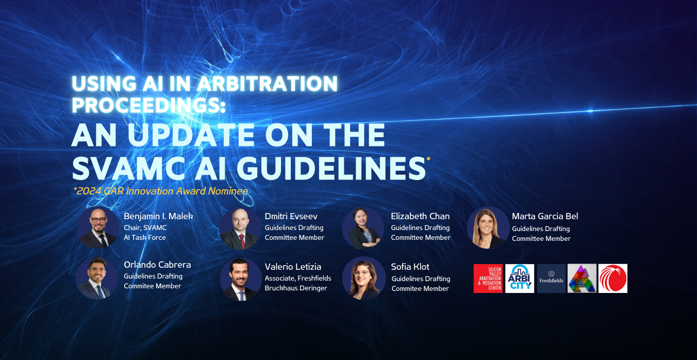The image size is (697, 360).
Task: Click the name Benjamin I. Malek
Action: pos(158,216)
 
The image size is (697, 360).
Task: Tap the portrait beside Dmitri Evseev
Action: pos(240,228)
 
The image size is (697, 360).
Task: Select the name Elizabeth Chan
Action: pos(420,216)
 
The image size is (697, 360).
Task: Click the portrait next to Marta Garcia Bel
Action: pos(488,227)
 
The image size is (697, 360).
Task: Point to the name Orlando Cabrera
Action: pos(157,265)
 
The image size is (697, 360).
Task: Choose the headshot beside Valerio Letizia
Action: pos(241,280)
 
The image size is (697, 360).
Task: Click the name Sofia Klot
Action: pos(410,267)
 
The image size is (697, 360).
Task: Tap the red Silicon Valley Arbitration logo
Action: pos(488,279)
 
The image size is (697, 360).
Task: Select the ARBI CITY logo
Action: pos(519,279)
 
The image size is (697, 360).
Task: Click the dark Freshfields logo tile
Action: pos(551,279)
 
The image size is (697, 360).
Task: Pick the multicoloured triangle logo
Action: pos(582,279)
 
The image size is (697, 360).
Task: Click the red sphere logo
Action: pos(612,279)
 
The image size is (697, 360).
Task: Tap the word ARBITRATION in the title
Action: pos(268,84)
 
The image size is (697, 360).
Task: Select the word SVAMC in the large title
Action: pos(129,168)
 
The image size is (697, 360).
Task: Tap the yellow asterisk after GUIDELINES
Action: pos(428,159)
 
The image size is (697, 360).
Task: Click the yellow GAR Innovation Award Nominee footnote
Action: pos(160,191)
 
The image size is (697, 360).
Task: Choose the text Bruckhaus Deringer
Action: pos(296,288)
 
